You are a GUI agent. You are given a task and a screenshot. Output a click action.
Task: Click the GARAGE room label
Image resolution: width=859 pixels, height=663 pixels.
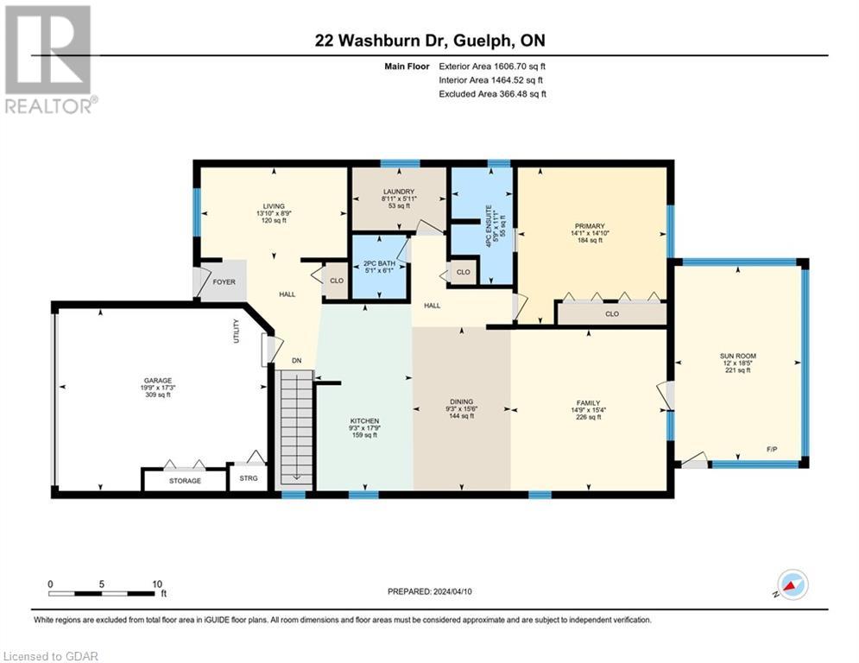158,381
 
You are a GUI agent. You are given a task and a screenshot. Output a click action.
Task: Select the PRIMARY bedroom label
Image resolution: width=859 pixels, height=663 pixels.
591,226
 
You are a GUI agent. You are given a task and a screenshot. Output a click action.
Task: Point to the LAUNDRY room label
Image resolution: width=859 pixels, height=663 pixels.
398,192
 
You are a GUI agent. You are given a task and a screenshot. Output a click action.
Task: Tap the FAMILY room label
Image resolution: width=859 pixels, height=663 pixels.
588,402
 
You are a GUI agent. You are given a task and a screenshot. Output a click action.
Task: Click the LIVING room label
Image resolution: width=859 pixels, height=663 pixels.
273,205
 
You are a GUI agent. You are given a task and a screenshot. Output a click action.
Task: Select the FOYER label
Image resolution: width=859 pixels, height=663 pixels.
224,282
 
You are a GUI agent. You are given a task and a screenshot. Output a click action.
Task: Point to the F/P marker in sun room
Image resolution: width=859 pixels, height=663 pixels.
773,449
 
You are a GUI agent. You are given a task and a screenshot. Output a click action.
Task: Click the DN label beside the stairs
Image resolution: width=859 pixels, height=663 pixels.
296,361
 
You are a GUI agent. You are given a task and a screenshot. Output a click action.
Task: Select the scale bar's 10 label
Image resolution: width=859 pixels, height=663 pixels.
157,584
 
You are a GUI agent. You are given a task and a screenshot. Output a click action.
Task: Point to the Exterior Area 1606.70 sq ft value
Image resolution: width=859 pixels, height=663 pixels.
493,66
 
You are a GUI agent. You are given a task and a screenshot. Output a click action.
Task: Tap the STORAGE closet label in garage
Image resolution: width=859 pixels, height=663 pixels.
185,481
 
